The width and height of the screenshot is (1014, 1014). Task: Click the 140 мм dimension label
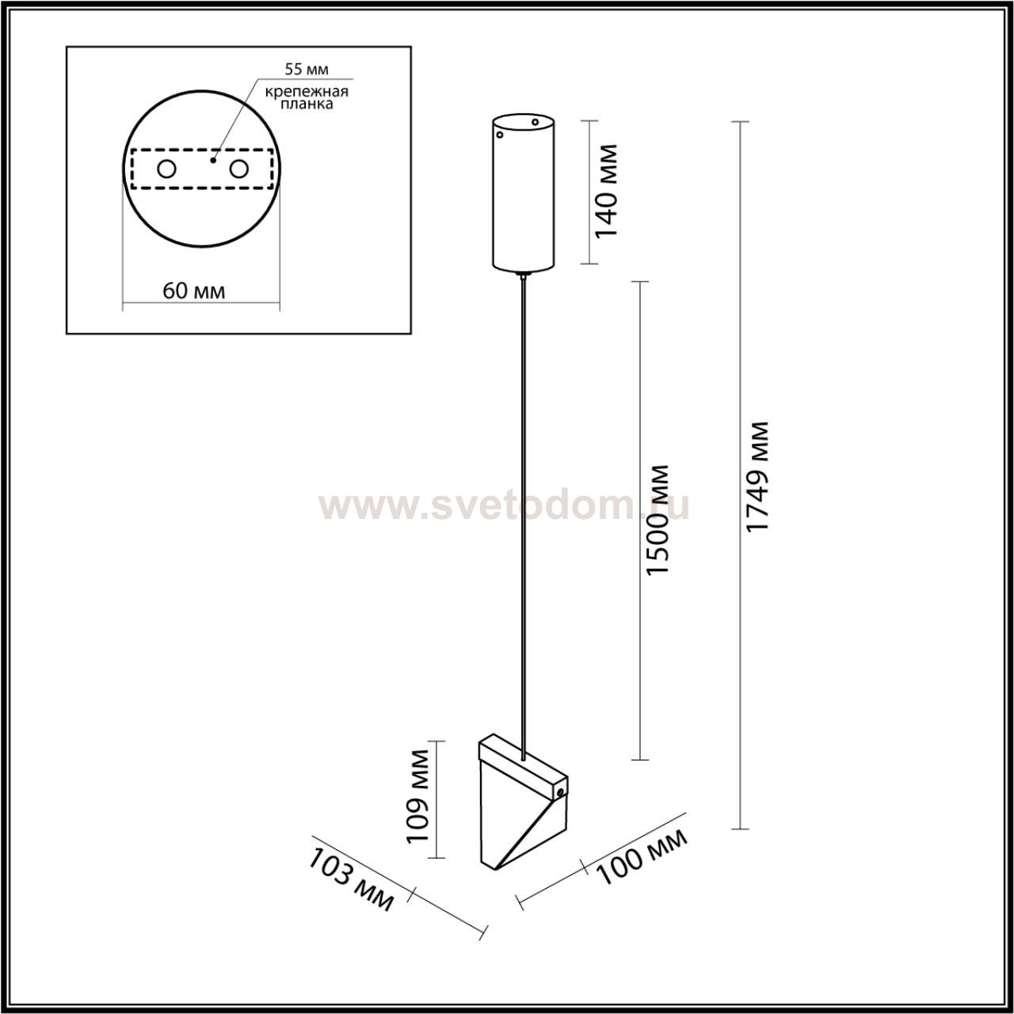pyautogui.click(x=606, y=191)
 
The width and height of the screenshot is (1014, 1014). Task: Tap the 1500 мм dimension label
pyautogui.click(x=658, y=520)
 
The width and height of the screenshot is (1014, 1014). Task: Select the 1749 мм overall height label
pyautogui.click(x=759, y=477)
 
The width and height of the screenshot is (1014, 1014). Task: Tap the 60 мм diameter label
pyautogui.click(x=193, y=291)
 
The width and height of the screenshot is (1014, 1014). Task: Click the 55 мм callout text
pyautogui.click(x=307, y=69)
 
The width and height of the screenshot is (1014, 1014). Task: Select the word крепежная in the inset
pyautogui.click(x=307, y=92)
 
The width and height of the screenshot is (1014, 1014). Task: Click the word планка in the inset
pyautogui.click(x=307, y=105)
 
